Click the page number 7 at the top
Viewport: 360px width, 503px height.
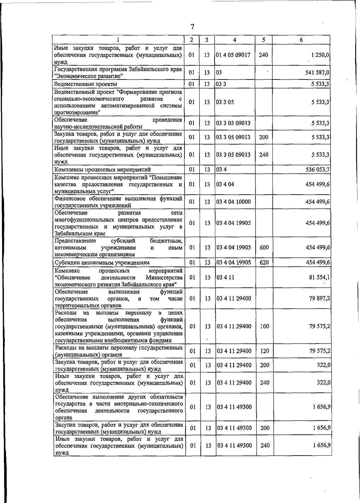[193, 27]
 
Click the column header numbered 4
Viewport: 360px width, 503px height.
[235, 40]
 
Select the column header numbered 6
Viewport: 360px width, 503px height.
[301, 40]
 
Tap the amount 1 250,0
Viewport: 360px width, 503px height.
[320, 55]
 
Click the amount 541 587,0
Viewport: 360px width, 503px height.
[317, 73]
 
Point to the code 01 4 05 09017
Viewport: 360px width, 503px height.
[233, 55]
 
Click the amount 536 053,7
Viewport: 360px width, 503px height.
[318, 170]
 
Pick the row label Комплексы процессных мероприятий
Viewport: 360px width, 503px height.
[102, 170]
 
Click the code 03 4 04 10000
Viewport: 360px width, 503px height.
[233, 202]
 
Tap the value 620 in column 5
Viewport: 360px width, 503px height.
[264, 263]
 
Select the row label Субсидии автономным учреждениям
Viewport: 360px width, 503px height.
[102, 263]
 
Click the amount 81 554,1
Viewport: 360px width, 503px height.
[319, 278]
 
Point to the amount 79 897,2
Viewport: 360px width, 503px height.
[319, 299]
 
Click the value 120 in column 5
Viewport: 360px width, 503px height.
[264, 351]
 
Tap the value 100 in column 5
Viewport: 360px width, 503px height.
[264, 326]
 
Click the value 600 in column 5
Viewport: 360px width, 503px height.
[264, 248]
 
